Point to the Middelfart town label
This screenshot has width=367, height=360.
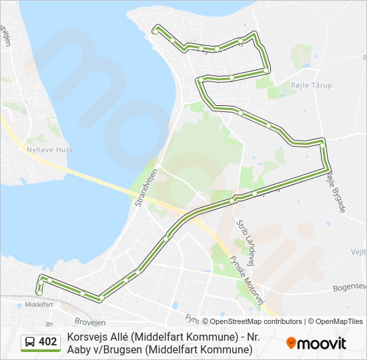tap(38, 304)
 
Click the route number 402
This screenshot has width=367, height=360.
tap(47, 342)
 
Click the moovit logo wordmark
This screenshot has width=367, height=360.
tap(322, 343)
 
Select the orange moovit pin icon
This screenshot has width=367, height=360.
tap(291, 343)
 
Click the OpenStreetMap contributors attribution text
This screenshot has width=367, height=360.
tap(252, 321)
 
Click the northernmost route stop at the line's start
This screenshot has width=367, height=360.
tap(156, 31)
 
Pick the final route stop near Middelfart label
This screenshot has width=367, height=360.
tap(40, 292)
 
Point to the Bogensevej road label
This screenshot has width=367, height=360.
tap(350, 288)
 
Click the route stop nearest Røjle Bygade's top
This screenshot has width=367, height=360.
tap(322, 141)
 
